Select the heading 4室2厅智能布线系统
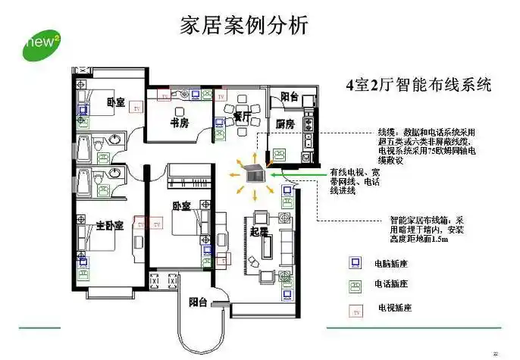click(418, 85)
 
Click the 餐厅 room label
click(242, 116)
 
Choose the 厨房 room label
click(284, 124)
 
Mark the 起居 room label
click(259, 232)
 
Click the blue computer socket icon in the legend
click(353, 264)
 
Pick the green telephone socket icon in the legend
click(353, 286)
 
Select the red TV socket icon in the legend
click(353, 308)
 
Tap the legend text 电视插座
click(394, 308)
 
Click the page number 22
click(496, 354)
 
